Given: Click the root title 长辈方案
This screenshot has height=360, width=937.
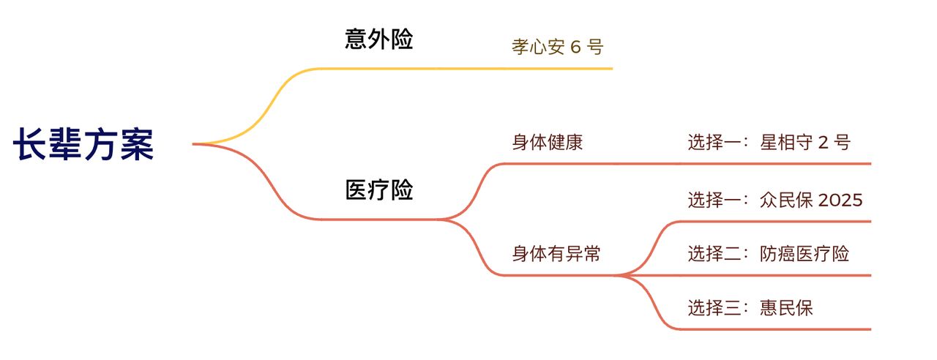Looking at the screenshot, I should [83, 144].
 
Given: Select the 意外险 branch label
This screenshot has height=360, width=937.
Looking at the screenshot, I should [378, 40].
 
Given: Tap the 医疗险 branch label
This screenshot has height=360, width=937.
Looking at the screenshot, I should [378, 190].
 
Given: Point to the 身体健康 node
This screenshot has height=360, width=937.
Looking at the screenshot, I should [548, 142].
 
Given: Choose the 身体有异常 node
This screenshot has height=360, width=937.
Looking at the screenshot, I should [556, 254].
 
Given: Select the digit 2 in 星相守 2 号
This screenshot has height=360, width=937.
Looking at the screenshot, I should [822, 142].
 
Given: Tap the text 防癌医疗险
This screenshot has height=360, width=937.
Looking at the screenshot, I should [805, 254].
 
